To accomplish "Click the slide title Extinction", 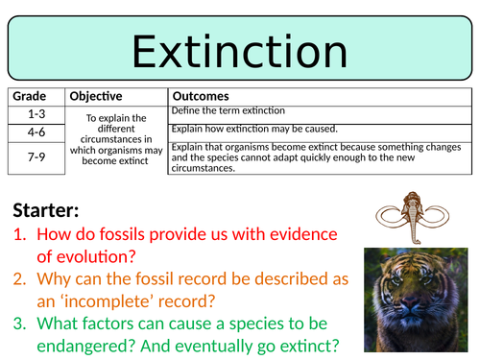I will pos(239,48).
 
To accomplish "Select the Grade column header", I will pos(30,97).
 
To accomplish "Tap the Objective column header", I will pos(95,97).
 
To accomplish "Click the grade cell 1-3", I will pos(36,112).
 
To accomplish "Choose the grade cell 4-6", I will pos(36,130).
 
